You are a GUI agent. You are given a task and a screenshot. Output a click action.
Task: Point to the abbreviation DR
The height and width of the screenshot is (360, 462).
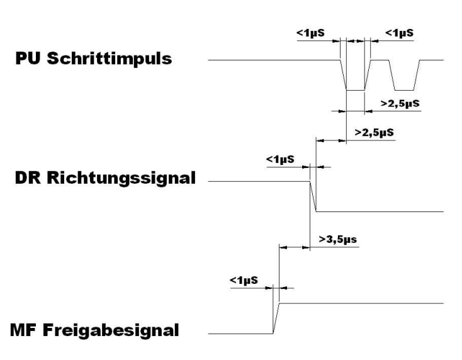pyautogui.click(x=28, y=179)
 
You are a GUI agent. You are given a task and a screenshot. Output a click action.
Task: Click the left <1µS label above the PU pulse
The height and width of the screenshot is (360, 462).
pyautogui.click(x=311, y=32)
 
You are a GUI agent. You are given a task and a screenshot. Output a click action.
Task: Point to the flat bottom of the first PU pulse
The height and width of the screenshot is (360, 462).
pyautogui.click(x=356, y=90)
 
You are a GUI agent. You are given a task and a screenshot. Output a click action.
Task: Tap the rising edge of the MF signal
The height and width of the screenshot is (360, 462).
pyautogui.click(x=276, y=318)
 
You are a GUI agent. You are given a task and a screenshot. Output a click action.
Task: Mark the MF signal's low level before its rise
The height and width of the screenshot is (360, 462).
pyautogui.click(x=239, y=333)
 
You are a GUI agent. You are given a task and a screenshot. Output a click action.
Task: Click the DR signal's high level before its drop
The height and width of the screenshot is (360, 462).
pyautogui.click(x=258, y=181)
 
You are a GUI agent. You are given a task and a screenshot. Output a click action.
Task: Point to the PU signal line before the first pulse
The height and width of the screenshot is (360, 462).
pyautogui.click(x=271, y=60)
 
